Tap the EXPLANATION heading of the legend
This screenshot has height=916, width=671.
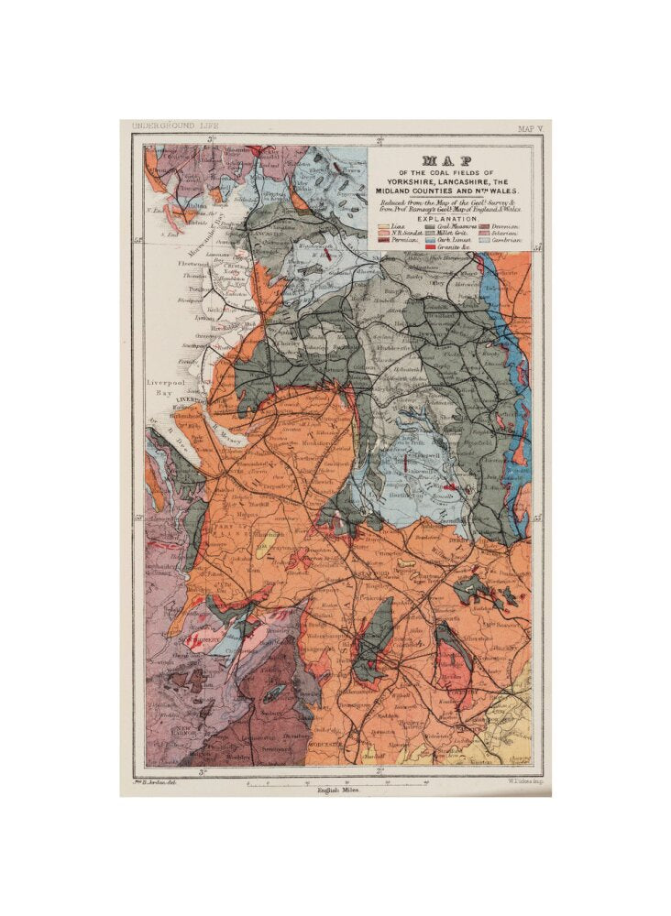coord(448,219)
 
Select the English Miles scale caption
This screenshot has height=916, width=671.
coord(337,789)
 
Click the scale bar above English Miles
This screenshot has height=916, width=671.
coord(337,780)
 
